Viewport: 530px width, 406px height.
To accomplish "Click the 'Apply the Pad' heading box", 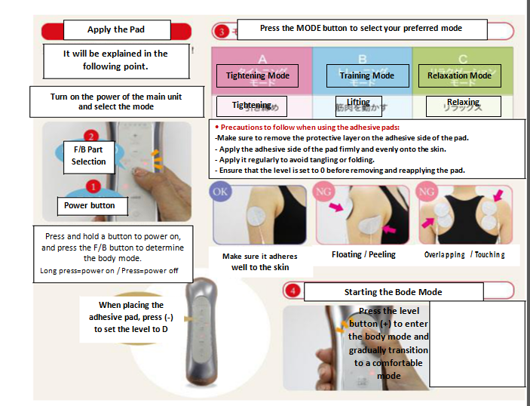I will (115, 29).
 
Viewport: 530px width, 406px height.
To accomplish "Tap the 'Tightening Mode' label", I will (257, 76).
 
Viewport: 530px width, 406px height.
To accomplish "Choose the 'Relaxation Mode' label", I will (459, 76).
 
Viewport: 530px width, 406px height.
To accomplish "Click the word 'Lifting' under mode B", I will (359, 103).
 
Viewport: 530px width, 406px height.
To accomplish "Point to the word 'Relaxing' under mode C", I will (462, 103).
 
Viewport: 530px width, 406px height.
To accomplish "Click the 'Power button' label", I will (90, 205).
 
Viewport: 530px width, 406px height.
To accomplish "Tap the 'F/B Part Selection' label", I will (89, 155).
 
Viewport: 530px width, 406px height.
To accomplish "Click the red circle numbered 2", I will (90, 137).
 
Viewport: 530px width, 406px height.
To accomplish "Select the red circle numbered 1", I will (91, 186).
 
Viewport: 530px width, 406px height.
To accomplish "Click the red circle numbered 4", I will (293, 290).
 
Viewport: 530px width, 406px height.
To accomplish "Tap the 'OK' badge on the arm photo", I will (222, 192).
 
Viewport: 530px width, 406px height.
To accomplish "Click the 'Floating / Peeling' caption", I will (363, 255).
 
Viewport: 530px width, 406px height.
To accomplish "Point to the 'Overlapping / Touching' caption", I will (464, 255).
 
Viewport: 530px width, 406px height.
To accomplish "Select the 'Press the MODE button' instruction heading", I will (361, 28).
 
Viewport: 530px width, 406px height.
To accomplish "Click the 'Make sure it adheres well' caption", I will (259, 262).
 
